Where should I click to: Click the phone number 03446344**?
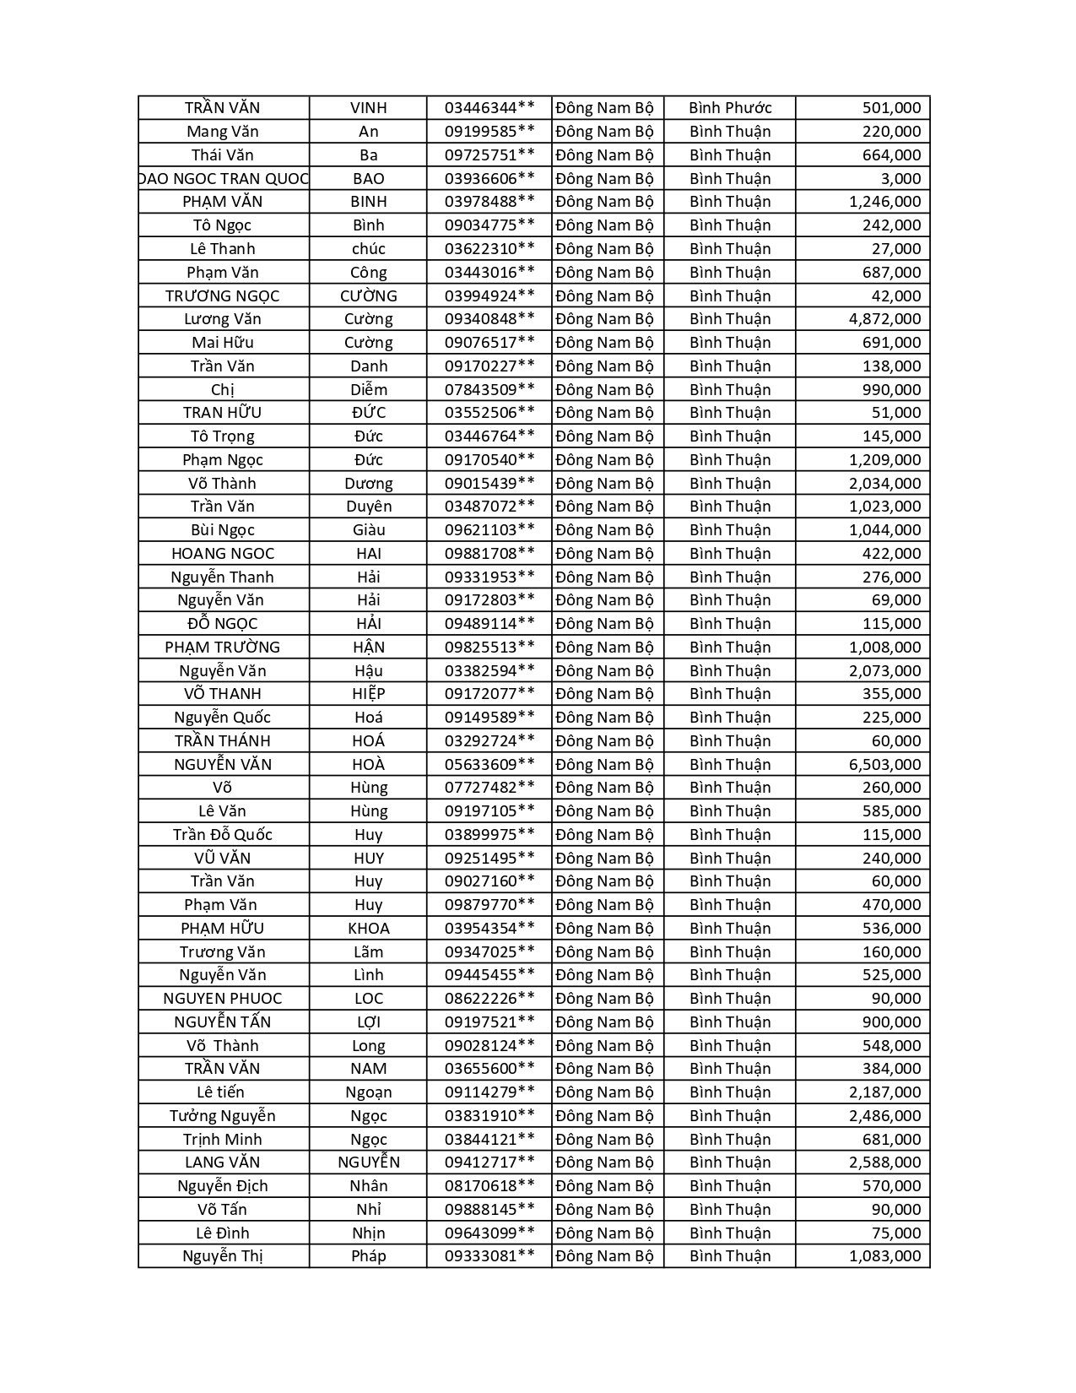tap(489, 108)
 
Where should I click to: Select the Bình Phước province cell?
tap(730, 108)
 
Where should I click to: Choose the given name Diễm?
tap(369, 390)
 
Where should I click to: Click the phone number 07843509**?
tap(489, 390)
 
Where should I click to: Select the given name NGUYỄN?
tap(369, 1163)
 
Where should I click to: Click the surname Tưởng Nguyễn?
tap(223, 1116)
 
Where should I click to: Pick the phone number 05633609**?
tap(489, 765)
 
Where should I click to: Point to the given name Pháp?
tap(369, 1256)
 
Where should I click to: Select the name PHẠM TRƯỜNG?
tap(223, 648)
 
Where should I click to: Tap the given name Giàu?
tap(369, 530)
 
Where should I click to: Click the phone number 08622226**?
tap(489, 999)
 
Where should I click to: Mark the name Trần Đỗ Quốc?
tap(223, 835)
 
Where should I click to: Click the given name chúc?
tap(369, 249)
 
